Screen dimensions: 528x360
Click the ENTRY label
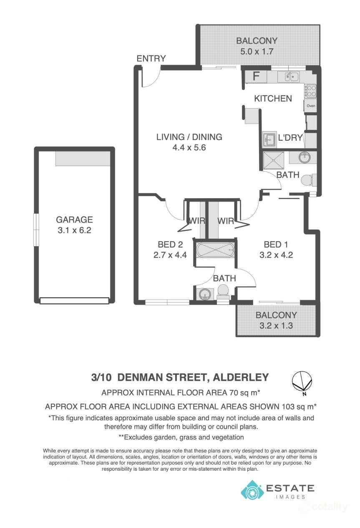tap(151, 59)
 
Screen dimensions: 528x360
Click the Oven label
tap(311, 106)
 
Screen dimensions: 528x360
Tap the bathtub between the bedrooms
tap(215, 251)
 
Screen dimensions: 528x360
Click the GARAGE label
tap(74, 220)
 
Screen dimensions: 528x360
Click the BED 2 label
tap(169, 245)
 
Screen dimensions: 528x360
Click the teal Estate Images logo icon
tap(252, 490)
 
